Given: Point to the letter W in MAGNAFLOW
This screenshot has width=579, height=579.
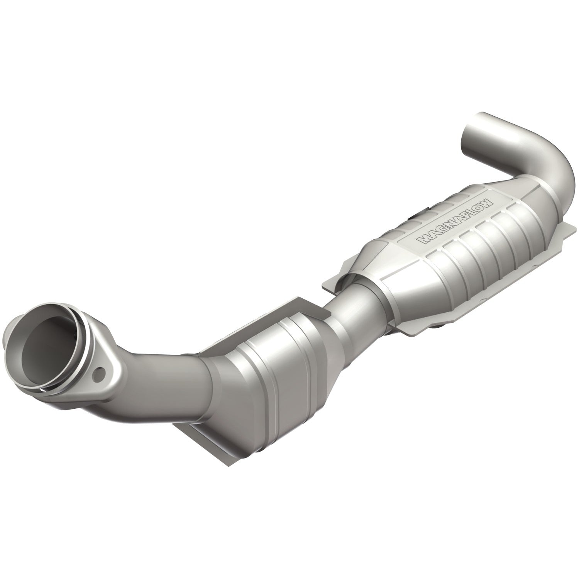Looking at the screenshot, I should [x=487, y=203].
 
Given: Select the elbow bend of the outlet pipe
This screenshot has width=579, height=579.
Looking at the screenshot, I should [x=540, y=154].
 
